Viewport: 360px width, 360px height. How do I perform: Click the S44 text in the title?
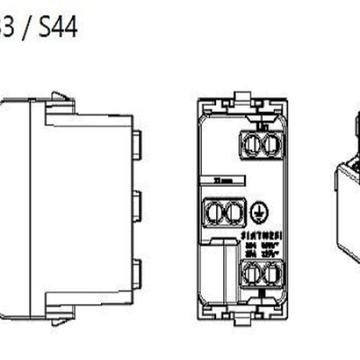coord(58,27)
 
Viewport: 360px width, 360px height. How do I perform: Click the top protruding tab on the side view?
coord(136,145)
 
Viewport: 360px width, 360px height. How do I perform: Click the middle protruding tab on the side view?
coord(136,206)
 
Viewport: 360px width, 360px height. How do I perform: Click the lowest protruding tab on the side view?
coord(136,274)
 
